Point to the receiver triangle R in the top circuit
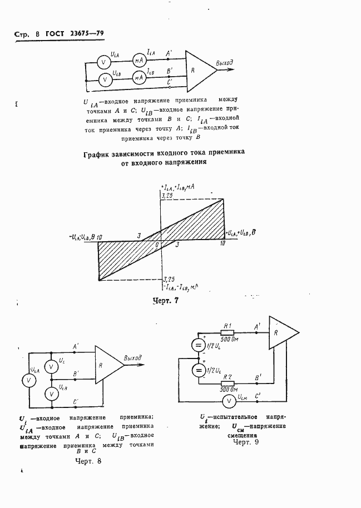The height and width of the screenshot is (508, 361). click(197, 71)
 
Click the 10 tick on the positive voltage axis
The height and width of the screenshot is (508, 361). click(222, 244)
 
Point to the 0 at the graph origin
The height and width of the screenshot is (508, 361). click(157, 245)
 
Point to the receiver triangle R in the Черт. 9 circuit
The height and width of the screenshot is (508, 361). click(281, 335)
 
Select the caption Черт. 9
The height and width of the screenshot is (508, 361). click(246, 442)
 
